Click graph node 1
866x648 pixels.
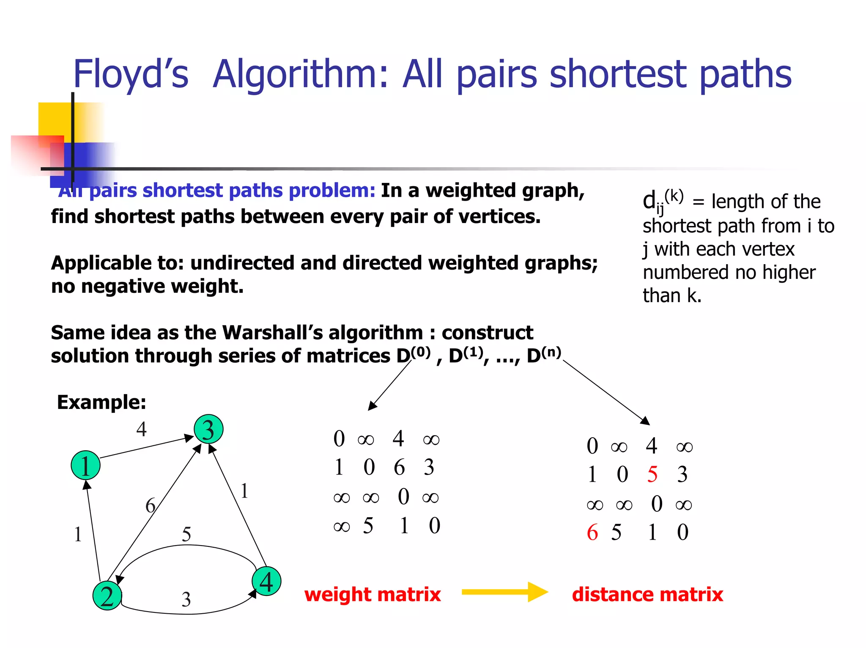click(85, 465)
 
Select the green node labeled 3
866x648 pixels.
click(208, 429)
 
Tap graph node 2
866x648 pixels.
click(107, 596)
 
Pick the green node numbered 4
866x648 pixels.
click(266, 581)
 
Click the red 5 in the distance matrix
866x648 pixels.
click(652, 474)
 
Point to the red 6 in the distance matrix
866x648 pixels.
click(592, 532)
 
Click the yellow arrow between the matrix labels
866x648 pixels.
click(504, 592)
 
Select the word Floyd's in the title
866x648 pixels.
click(131, 74)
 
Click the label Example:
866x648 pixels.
click(101, 402)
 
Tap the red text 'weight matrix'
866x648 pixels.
click(373, 594)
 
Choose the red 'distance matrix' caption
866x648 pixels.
click(647, 594)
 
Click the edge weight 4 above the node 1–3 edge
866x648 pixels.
click(142, 429)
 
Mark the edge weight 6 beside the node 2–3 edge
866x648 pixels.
click(150, 505)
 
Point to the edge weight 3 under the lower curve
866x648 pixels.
click(186, 599)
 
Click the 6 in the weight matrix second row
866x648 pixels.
click(399, 467)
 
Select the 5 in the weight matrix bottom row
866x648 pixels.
click(368, 526)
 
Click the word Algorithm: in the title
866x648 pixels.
click(300, 74)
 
